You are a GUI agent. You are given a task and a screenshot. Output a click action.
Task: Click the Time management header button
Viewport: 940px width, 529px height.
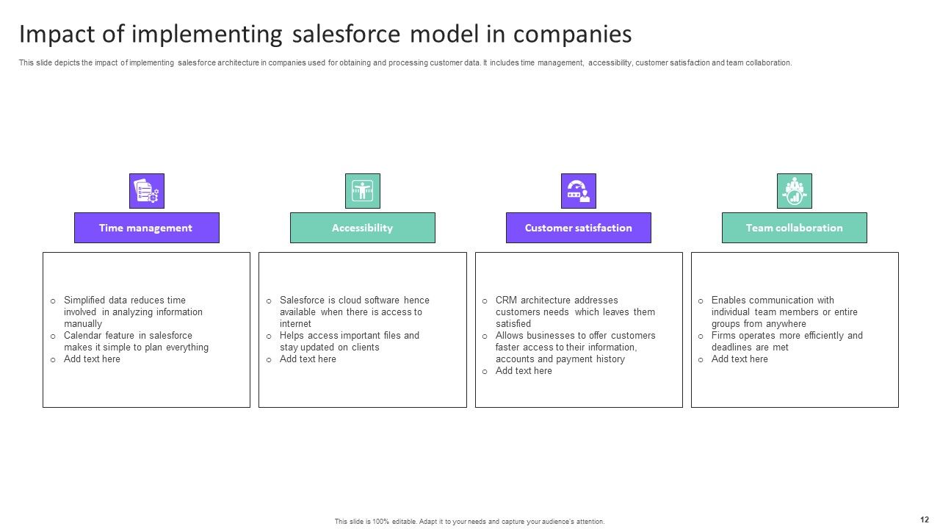pyautogui.click(x=146, y=228)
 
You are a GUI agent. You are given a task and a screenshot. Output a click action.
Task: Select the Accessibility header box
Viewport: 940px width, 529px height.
pyautogui.click(x=362, y=228)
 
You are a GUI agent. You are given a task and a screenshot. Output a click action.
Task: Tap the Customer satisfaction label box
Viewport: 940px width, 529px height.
pyautogui.click(x=578, y=228)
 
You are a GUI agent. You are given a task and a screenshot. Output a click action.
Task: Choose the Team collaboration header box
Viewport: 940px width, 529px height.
pyautogui.click(x=794, y=228)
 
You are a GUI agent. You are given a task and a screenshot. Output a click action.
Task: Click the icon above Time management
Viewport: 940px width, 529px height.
pyautogui.click(x=146, y=191)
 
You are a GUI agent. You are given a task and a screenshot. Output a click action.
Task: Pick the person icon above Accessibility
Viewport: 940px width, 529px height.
pyautogui.click(x=362, y=191)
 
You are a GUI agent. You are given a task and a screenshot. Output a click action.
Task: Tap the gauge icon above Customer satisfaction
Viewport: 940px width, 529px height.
pyautogui.click(x=578, y=191)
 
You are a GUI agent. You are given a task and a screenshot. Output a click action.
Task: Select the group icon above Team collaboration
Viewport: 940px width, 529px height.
pyautogui.click(x=794, y=191)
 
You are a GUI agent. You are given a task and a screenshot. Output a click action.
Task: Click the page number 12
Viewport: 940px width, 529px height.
pyautogui.click(x=924, y=519)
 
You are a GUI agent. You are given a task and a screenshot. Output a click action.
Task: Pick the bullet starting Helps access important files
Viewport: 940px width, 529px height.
pyautogui.click(x=349, y=341)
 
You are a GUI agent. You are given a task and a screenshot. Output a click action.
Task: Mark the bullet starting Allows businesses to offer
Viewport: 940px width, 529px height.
pyautogui.click(x=574, y=347)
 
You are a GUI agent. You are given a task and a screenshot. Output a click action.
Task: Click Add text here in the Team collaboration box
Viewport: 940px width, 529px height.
pyautogui.click(x=740, y=359)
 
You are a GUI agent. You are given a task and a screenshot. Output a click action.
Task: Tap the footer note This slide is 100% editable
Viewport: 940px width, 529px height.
pyautogui.click(x=469, y=522)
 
